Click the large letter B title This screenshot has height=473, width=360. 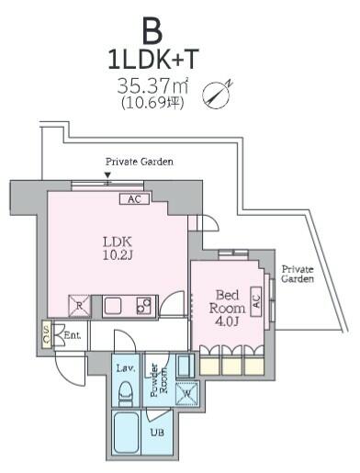[x=152, y=30]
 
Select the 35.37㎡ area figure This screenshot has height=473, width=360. [x=152, y=87]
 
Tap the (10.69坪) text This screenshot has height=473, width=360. [x=152, y=104]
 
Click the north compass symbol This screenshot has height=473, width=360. [x=215, y=93]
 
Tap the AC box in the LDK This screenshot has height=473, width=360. [x=134, y=199]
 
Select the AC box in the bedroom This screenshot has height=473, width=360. [x=257, y=298]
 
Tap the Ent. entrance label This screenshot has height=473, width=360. [x=73, y=336]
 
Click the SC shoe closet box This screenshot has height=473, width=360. [x=47, y=336]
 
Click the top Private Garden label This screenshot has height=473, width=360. [x=140, y=161]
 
